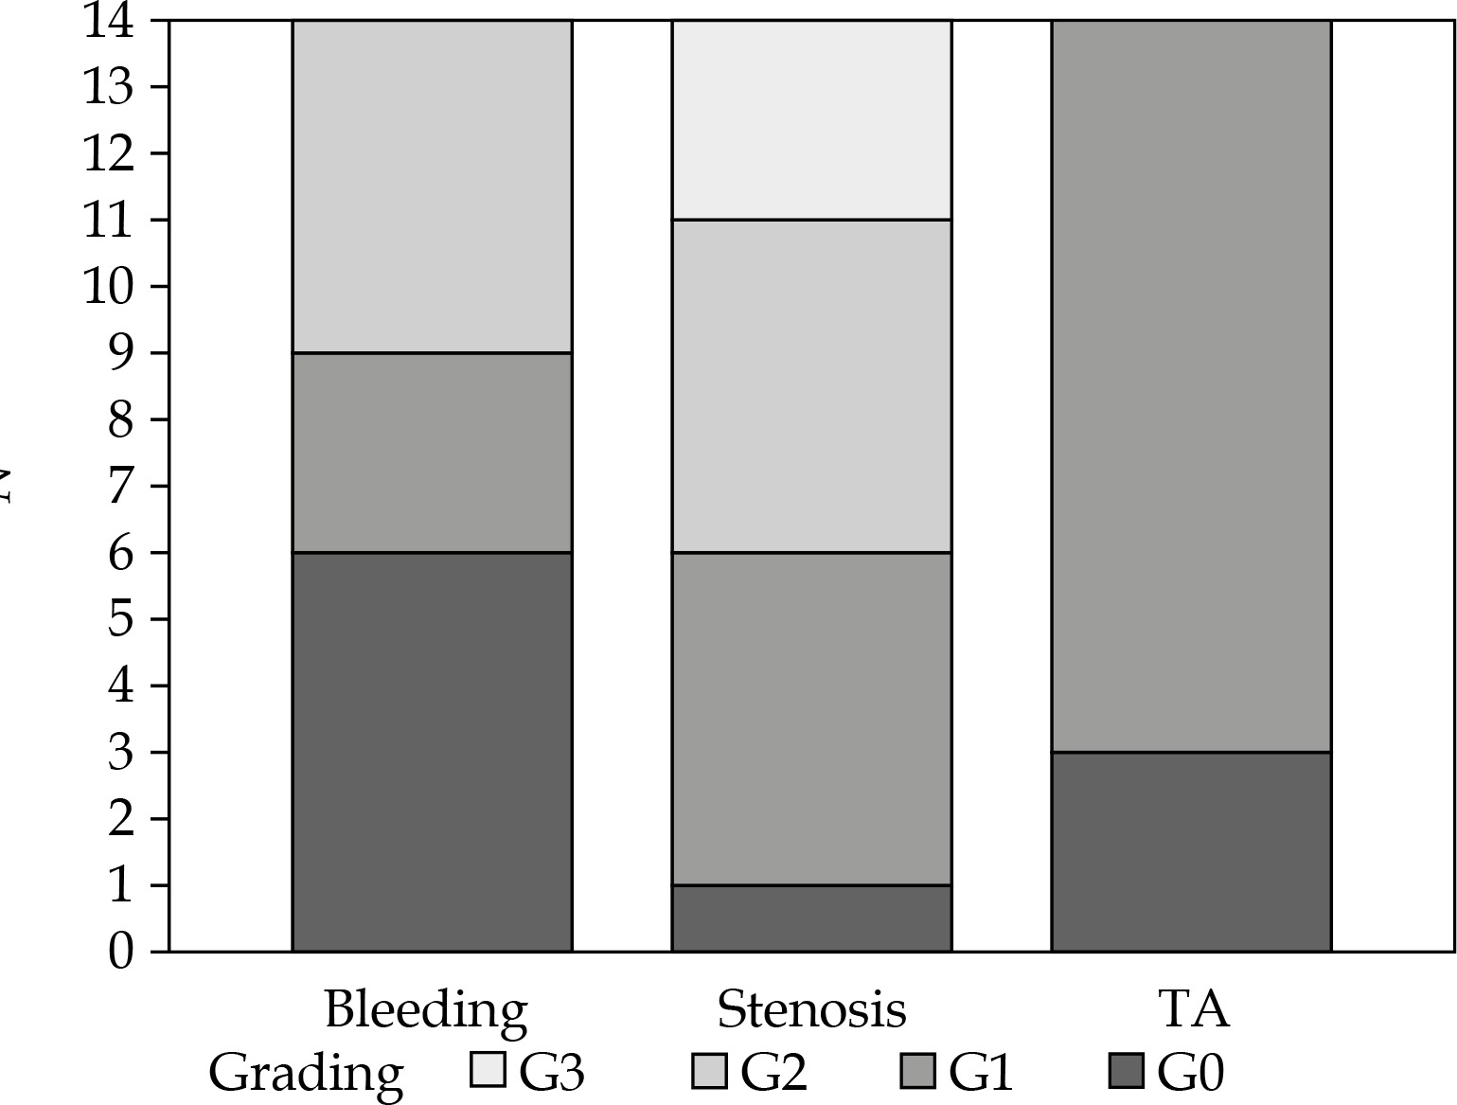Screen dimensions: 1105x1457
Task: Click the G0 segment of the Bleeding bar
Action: point(432,752)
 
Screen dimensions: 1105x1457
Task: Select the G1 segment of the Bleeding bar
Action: point(432,453)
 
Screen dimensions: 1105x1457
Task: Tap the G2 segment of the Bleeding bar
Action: point(432,187)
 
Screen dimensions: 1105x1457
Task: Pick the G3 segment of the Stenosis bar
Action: point(811,120)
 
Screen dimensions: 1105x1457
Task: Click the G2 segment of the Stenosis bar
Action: point(811,386)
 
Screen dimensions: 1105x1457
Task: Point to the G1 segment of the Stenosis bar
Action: point(811,719)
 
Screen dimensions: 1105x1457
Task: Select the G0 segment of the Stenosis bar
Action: point(811,918)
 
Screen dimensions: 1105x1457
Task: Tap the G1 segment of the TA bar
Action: point(1191,386)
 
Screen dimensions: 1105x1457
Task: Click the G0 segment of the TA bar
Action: point(1191,852)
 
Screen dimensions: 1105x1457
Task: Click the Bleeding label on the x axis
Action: point(426,1010)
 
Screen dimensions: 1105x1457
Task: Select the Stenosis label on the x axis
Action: point(811,1010)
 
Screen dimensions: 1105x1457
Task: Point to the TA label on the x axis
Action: point(1194,1009)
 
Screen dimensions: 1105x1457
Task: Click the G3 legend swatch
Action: point(489,1070)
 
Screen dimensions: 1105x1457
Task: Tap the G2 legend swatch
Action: point(709,1070)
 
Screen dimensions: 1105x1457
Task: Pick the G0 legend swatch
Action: point(1126,1070)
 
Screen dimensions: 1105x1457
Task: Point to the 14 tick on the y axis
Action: point(108,21)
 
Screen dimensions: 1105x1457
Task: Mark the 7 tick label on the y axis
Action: point(120,487)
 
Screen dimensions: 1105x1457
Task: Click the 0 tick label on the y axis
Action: point(120,952)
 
